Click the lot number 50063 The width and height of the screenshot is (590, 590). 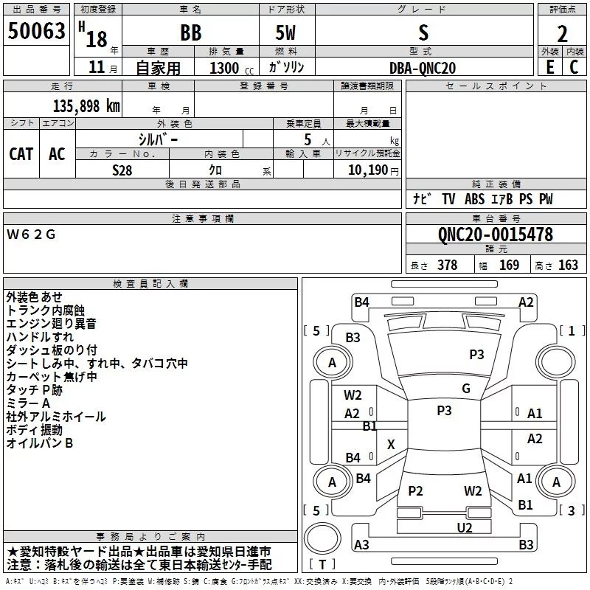point(36,31)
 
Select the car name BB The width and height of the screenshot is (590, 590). point(191,32)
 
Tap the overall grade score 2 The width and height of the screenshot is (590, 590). point(562,34)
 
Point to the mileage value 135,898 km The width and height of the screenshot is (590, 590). point(86,106)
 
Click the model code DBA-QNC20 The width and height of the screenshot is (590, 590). point(422,68)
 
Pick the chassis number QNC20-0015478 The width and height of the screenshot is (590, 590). point(495,235)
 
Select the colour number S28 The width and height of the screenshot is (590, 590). point(122,170)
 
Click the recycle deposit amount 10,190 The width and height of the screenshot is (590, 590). point(368,170)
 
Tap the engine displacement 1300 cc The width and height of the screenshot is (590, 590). point(232,68)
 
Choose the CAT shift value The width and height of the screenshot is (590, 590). point(21,154)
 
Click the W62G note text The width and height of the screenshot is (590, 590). point(31,235)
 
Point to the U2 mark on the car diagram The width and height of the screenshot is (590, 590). point(465,527)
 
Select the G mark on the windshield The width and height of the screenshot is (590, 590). point(466,388)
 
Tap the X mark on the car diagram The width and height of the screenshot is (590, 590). point(391,445)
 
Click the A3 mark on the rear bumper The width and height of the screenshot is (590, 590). point(361,544)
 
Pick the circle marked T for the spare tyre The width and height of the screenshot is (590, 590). point(322,538)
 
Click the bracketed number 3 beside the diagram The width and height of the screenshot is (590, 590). point(571,510)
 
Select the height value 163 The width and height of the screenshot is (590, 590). point(568,265)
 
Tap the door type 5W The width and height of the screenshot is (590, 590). point(285,32)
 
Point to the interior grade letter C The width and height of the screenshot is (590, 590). point(574,67)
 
